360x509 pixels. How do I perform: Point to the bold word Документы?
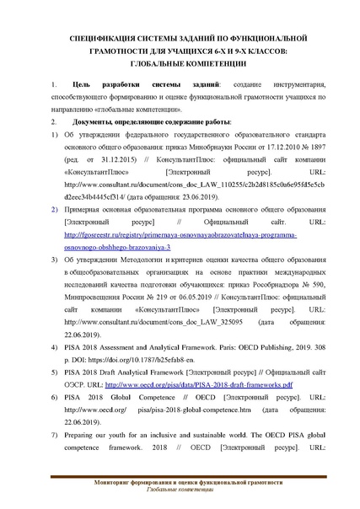[x=89, y=122]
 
